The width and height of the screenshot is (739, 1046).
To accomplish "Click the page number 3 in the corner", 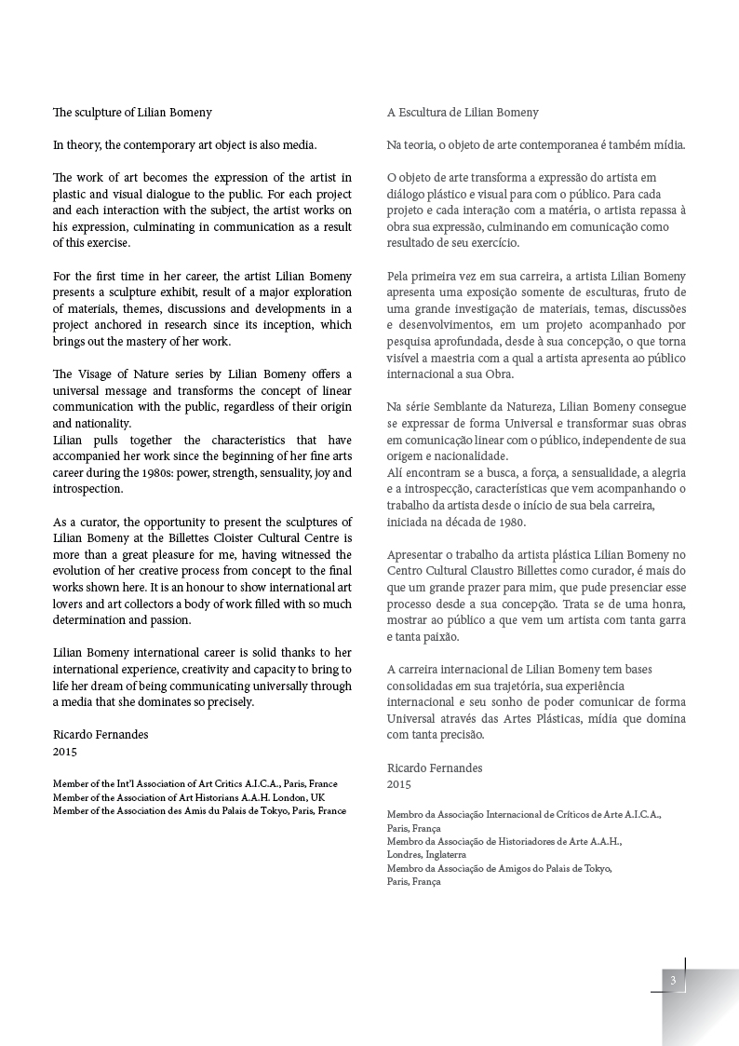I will (672, 980).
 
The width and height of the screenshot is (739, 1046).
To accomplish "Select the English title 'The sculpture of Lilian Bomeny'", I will (132, 113).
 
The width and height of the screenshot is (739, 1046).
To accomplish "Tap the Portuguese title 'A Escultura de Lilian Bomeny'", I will (463, 113).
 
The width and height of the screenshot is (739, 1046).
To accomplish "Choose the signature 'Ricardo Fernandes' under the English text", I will (101, 734).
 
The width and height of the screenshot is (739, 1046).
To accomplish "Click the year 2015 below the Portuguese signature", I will (399, 784).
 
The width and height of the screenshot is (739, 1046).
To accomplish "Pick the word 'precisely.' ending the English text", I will (225, 702).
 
